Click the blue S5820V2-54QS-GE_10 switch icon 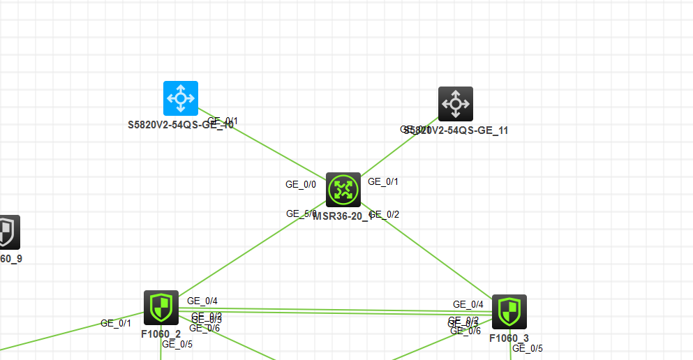[181, 98]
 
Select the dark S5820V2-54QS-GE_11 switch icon [456, 104]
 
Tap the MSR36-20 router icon [343, 190]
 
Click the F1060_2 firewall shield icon [161, 308]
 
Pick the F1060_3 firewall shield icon [509, 311]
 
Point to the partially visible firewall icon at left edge [8, 232]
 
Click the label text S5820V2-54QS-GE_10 [181, 126]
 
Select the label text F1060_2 [161, 333]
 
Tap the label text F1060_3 [509, 338]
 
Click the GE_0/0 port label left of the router [301, 185]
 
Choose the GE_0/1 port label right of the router [383, 182]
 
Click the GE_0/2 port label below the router [385, 214]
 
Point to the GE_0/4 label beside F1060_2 [202, 301]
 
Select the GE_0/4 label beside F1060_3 [468, 304]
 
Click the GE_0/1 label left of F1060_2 [116, 323]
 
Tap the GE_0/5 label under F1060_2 [177, 343]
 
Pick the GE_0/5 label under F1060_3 [528, 348]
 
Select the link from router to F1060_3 [433, 255]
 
